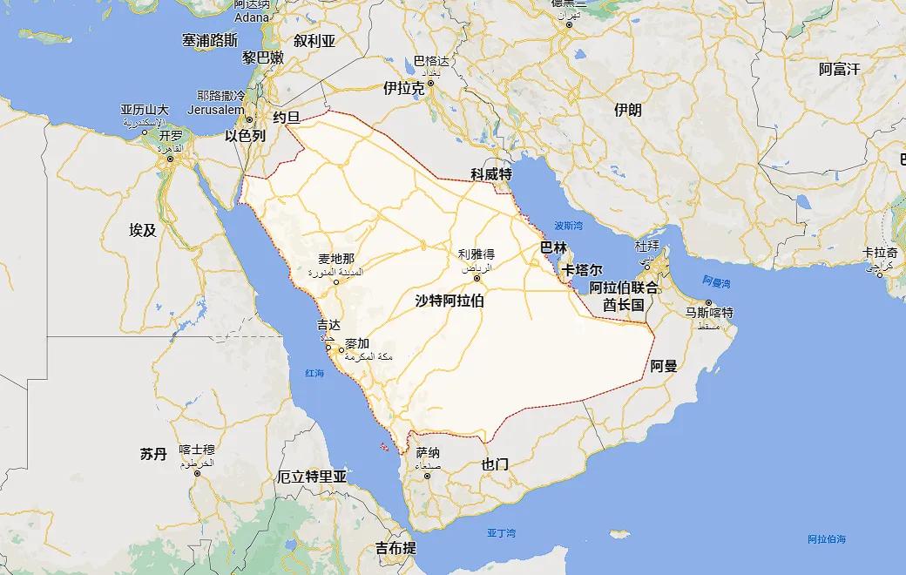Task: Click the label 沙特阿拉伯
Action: click(450, 301)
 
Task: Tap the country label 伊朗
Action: click(627, 110)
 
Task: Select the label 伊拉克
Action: click(404, 89)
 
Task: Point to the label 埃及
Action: click(143, 230)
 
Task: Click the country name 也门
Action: click(495, 464)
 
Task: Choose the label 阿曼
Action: click(664, 366)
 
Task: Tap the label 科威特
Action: click(490, 174)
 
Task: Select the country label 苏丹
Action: click(152, 454)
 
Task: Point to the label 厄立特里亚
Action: click(312, 477)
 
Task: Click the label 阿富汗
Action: click(840, 69)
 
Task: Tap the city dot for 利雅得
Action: click(477, 279)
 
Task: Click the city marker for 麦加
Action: click(341, 350)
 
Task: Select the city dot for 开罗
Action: click(171, 147)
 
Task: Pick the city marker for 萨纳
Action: click(427, 476)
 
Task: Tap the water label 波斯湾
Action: click(568, 225)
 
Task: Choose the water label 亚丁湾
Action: click(502, 532)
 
